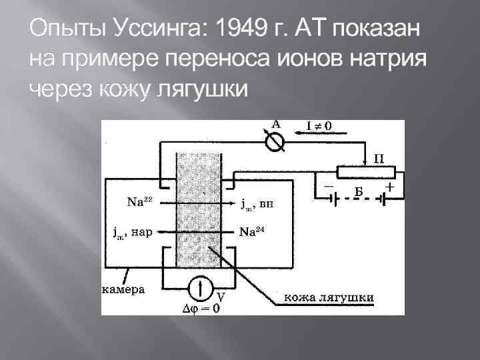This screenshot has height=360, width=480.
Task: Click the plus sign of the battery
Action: coord(390,188)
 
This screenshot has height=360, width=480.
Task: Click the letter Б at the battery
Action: coord(358,193)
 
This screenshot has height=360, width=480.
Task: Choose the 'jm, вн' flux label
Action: coord(255,203)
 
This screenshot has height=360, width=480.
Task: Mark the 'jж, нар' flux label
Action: coord(132,233)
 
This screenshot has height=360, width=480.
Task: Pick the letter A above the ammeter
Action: coord(275,123)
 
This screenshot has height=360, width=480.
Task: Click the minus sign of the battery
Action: coord(329,188)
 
